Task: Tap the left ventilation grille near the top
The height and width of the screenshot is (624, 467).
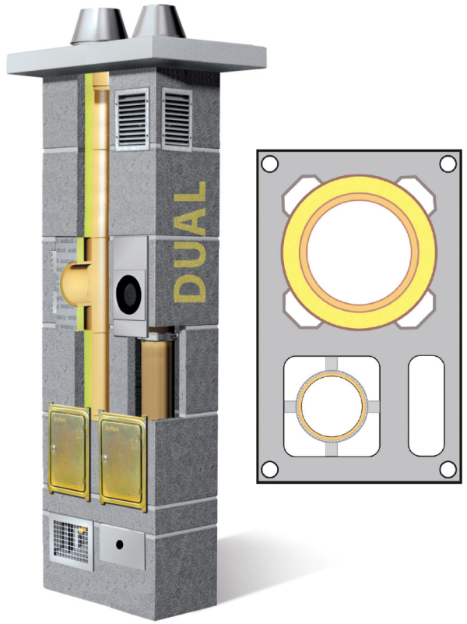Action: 132,118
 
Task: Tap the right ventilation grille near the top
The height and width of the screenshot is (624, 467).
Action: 177,118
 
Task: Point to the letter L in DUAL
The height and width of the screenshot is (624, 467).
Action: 194,192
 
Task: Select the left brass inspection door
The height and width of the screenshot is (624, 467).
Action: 68,451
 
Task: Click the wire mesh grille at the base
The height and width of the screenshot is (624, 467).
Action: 70,540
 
